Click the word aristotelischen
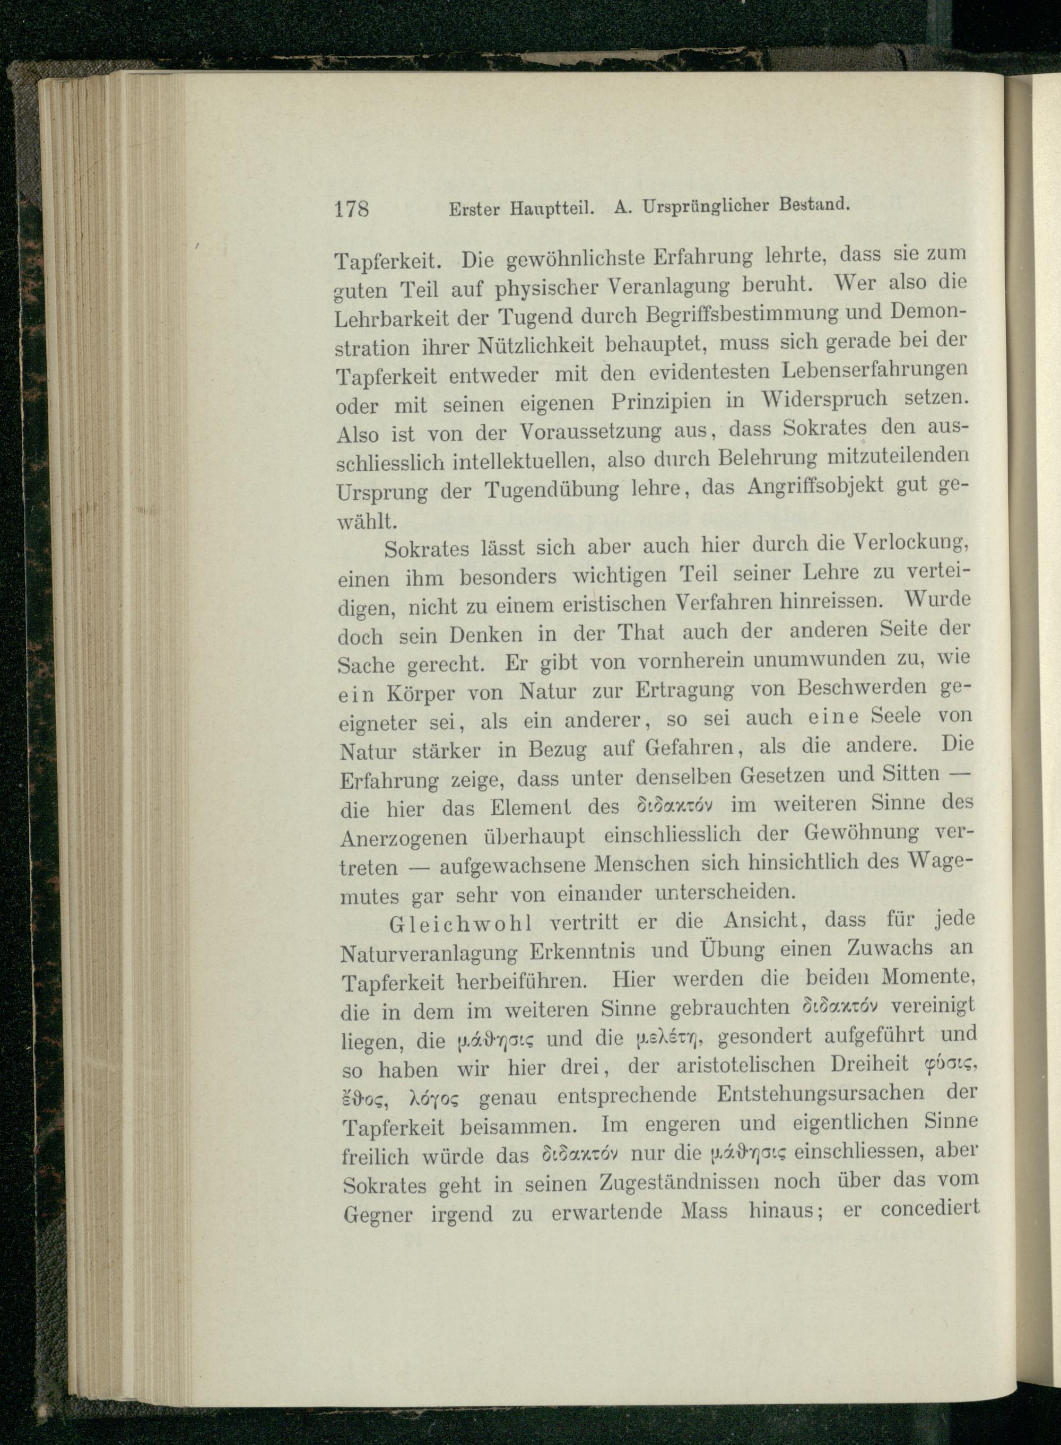pyautogui.click(x=746, y=1065)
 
